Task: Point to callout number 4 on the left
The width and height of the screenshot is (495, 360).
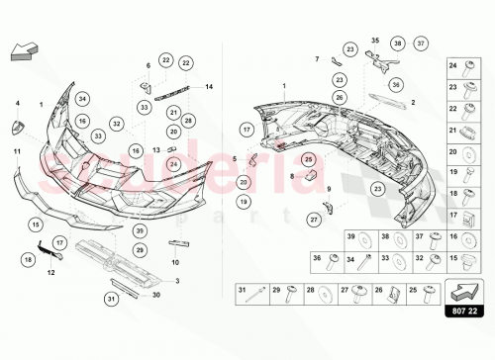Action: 17,103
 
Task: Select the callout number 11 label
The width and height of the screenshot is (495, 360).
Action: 17,149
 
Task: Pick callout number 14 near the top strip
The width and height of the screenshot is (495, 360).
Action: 209,87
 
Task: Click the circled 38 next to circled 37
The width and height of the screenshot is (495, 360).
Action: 396,45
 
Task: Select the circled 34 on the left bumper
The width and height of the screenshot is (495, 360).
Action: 82,98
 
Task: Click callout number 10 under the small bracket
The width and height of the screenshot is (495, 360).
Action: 175,263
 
